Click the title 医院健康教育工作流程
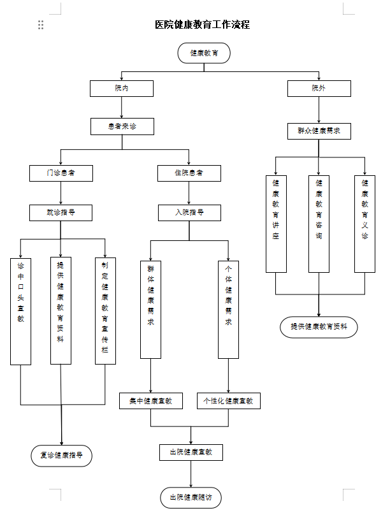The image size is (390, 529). coord(202,25)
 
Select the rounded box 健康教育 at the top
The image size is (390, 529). coord(204,53)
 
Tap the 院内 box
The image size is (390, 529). coord(121,89)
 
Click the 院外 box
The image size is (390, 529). coord(319,89)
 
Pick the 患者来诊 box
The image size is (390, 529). coord(122,127)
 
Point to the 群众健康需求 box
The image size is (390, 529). coord(319,131)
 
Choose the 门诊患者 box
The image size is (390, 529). coord(61,173)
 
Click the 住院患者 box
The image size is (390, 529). coord(189,173)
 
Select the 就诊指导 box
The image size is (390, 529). coord(61,212)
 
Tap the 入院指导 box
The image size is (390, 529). coord(189,212)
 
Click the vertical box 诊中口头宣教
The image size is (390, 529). coord(20,311)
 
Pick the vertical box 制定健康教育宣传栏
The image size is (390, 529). coord(105,311)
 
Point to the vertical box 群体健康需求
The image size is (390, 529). coord(150,309)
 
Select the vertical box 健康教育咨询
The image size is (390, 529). coord(319,223)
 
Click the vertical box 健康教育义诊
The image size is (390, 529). coord(365,223)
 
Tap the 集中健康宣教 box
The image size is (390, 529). coord(150,401)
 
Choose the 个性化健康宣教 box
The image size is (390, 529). coord(228,401)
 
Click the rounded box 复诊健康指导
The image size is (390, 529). coord(61,456)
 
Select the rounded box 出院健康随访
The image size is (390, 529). coord(191,498)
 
